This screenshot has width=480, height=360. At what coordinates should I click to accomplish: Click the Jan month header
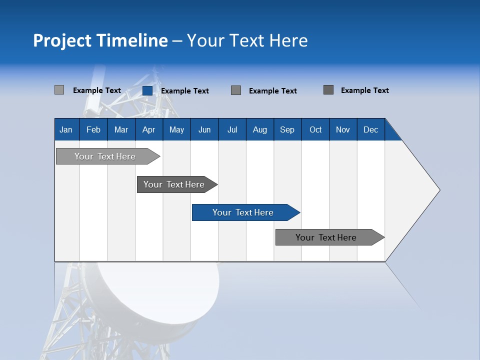66,129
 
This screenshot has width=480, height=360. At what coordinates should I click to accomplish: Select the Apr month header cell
149,129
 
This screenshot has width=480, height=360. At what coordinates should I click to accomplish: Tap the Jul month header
232,129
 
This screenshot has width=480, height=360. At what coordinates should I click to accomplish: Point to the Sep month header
287,129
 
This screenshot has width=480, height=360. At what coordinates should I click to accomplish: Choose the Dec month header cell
370,129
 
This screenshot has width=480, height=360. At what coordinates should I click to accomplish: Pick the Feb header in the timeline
93,129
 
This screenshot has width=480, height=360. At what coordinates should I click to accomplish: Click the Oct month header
315,129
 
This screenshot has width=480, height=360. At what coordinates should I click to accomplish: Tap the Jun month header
204,129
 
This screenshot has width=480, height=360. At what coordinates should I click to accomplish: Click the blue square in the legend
147,90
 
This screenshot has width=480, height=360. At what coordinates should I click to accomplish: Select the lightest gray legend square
59,90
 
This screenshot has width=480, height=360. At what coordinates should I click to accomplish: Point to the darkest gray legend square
328,90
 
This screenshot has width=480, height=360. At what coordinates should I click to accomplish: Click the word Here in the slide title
288,40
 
